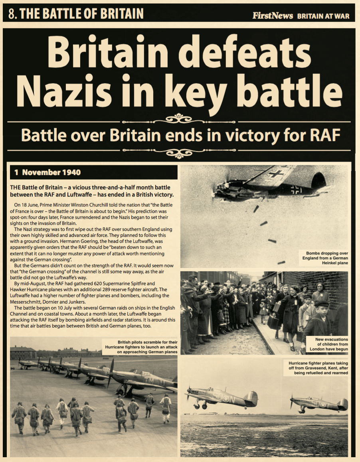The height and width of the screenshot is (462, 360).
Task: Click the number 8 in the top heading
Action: pos(12,14)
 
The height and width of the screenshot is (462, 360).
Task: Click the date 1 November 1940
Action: pos(47,172)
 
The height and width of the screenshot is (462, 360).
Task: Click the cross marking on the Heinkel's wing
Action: pos(276,174)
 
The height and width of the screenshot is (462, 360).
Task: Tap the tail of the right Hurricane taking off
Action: pos(342,404)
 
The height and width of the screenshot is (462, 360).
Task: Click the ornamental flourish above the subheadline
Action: pos(179,118)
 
